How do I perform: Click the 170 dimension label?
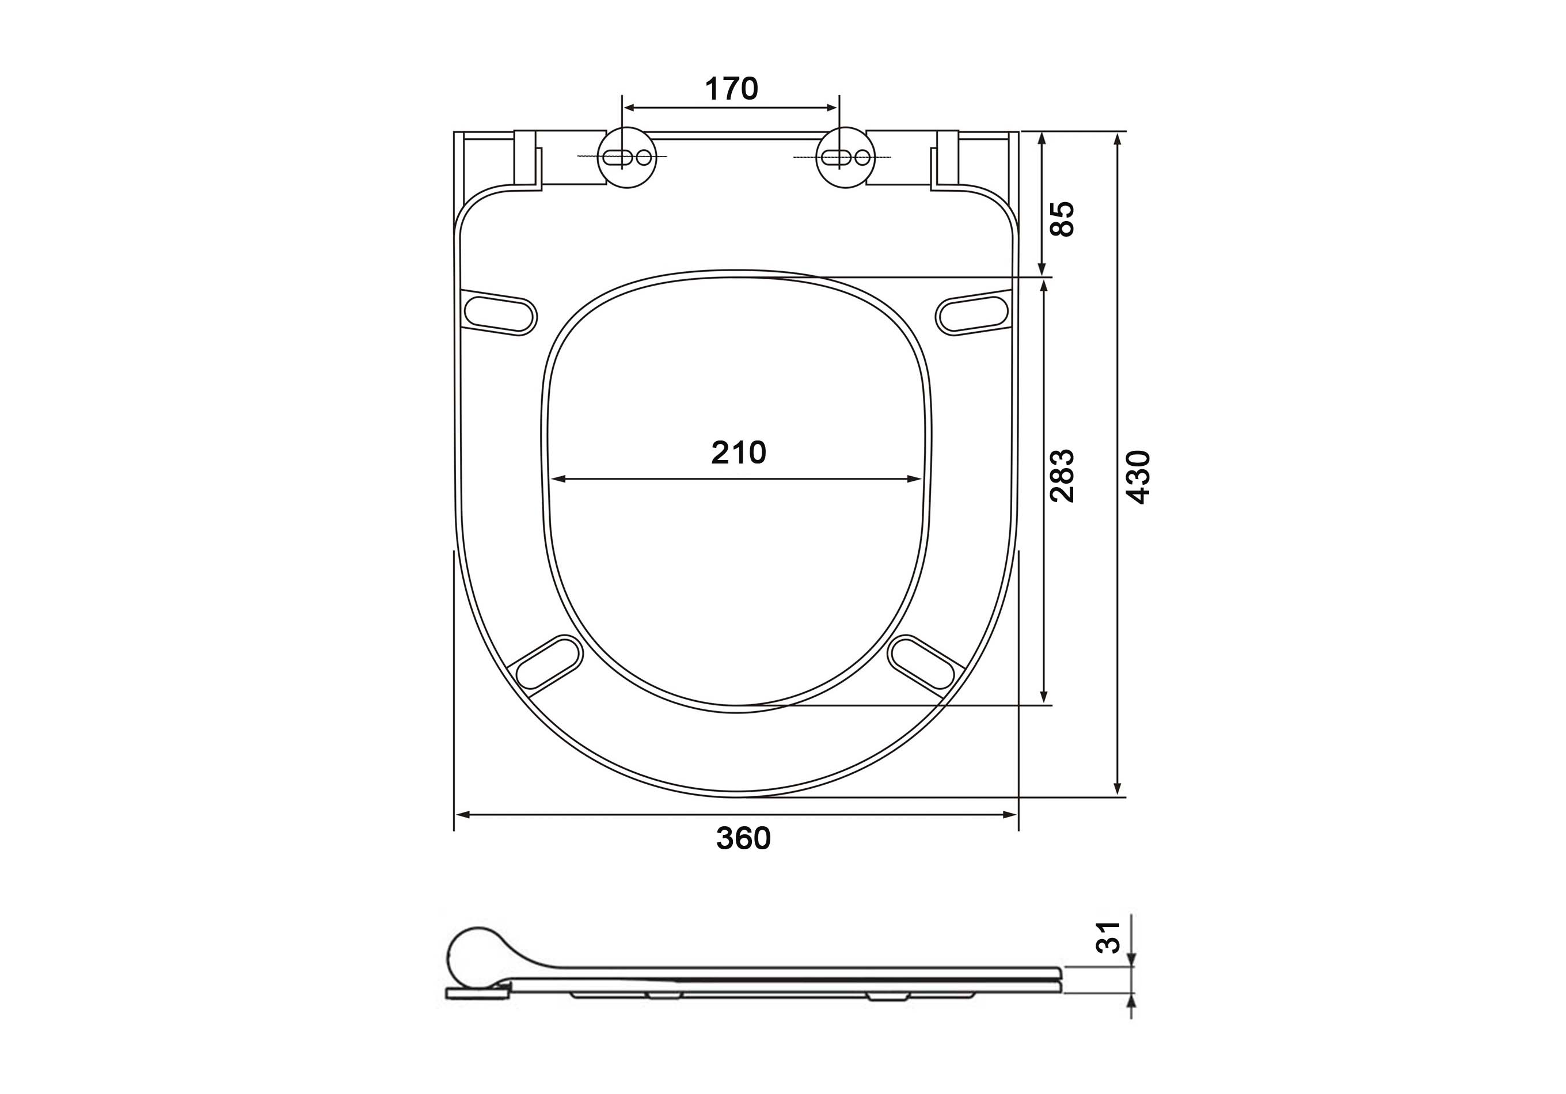(x=731, y=89)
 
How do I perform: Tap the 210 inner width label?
(x=739, y=452)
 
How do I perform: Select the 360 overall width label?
(x=743, y=838)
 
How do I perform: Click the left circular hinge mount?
(x=628, y=158)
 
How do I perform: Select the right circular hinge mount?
(x=846, y=158)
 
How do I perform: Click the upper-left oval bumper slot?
(x=500, y=313)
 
